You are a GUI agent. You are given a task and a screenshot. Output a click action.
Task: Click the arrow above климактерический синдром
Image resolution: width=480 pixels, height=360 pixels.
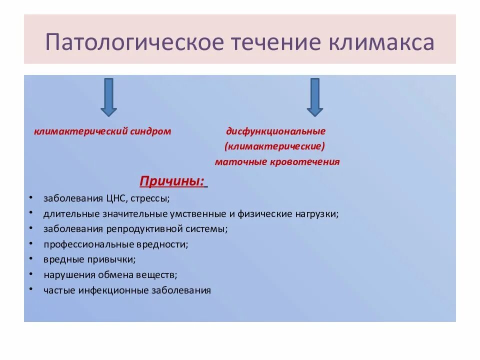point(108,97)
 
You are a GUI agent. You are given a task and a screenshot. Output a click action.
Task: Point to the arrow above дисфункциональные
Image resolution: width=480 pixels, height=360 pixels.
point(314,97)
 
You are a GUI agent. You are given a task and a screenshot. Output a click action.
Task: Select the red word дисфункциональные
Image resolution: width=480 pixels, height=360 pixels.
point(275,131)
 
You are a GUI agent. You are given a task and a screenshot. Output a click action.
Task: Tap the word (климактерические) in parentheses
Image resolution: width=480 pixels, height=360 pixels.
point(275,146)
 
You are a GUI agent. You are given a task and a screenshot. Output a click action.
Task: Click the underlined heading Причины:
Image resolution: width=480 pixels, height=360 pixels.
point(172,181)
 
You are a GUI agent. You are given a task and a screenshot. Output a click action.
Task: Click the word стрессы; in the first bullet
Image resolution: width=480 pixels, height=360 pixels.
point(152,198)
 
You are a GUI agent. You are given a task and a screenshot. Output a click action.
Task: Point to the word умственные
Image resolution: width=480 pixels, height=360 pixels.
point(185,214)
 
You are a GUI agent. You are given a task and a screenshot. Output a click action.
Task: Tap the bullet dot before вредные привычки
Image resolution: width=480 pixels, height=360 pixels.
point(31,258)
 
